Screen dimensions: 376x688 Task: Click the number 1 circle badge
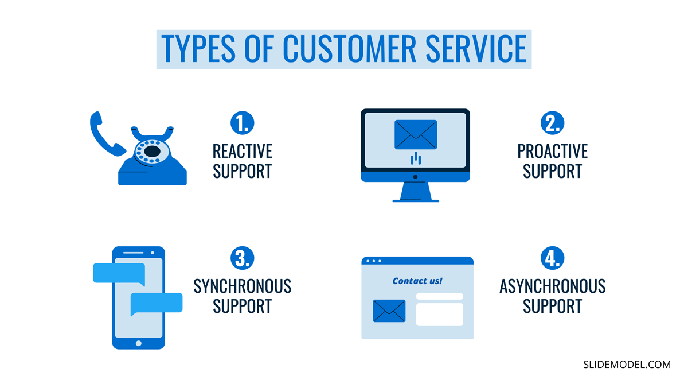[242, 123]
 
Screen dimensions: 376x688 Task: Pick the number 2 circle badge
[552, 123]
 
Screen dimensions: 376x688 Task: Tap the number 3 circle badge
[242, 258]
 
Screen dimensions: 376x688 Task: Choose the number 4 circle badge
[552, 258]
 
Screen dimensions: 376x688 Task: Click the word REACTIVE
[242, 152]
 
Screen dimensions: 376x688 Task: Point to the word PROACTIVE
[552, 152]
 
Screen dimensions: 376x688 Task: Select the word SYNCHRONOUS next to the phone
[242, 286]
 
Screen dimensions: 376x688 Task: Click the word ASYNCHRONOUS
[552, 286]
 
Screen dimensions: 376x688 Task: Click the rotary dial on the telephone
[152, 152]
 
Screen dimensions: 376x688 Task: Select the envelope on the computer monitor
[416, 134]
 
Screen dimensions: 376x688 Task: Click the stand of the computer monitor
[416, 191]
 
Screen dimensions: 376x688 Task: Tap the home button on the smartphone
[138, 343]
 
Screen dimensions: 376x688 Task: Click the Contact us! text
[417, 281]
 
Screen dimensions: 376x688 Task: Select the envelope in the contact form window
[389, 311]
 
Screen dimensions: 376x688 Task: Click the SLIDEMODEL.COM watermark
[627, 364]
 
